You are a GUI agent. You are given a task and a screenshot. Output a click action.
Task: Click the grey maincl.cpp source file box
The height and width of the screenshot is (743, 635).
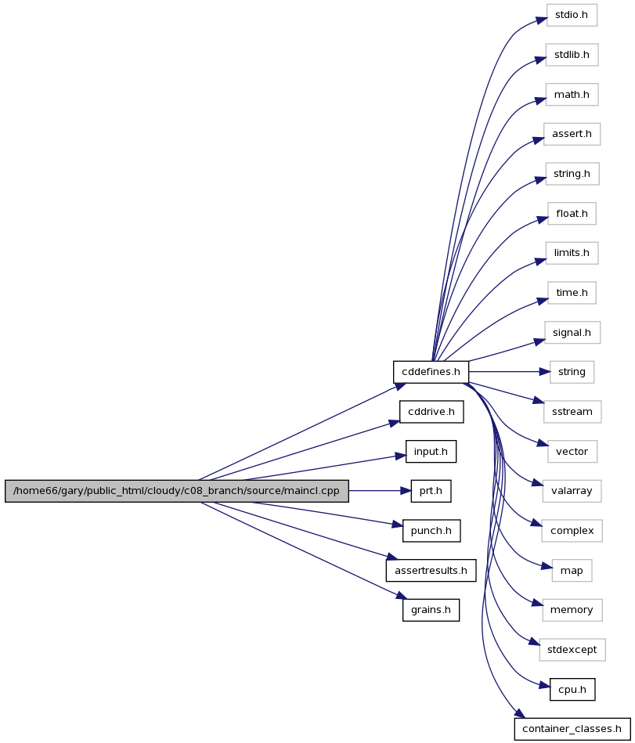177,491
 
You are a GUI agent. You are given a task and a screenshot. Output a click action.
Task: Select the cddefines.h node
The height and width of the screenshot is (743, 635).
431,372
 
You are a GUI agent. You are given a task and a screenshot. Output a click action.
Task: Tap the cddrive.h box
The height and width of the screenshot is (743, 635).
431,412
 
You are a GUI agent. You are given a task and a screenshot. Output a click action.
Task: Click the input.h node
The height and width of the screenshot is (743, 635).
431,452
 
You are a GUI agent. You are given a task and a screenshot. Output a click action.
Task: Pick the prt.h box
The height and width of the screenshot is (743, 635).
431,491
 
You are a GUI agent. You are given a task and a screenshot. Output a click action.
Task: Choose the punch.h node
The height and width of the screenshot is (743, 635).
431,531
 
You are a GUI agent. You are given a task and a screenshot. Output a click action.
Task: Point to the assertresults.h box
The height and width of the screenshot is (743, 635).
431,571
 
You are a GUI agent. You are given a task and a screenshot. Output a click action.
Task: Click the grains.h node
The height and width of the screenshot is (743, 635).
431,610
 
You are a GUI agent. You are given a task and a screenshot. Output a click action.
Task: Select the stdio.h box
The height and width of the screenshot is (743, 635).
572,15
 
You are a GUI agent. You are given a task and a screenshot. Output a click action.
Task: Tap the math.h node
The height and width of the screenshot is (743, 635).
572,94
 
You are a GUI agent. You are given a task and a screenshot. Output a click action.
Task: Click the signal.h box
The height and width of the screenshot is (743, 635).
572,333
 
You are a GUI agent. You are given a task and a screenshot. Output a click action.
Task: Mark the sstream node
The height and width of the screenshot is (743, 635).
572,412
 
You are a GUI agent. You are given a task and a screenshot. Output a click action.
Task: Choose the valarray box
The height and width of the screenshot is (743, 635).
572,491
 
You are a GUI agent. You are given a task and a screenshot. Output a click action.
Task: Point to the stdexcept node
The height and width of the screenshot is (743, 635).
572,650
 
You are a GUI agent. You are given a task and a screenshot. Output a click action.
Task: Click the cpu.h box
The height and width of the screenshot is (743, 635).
572,690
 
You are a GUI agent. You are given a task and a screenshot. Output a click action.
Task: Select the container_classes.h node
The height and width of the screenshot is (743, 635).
572,729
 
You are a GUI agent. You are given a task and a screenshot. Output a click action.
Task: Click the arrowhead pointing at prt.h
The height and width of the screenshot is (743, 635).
406,491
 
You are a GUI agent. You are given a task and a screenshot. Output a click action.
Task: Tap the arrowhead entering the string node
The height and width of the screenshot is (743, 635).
544,372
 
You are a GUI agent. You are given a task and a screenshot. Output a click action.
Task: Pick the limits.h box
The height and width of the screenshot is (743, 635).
572,253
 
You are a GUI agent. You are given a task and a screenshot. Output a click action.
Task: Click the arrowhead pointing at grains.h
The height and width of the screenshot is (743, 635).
402,596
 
